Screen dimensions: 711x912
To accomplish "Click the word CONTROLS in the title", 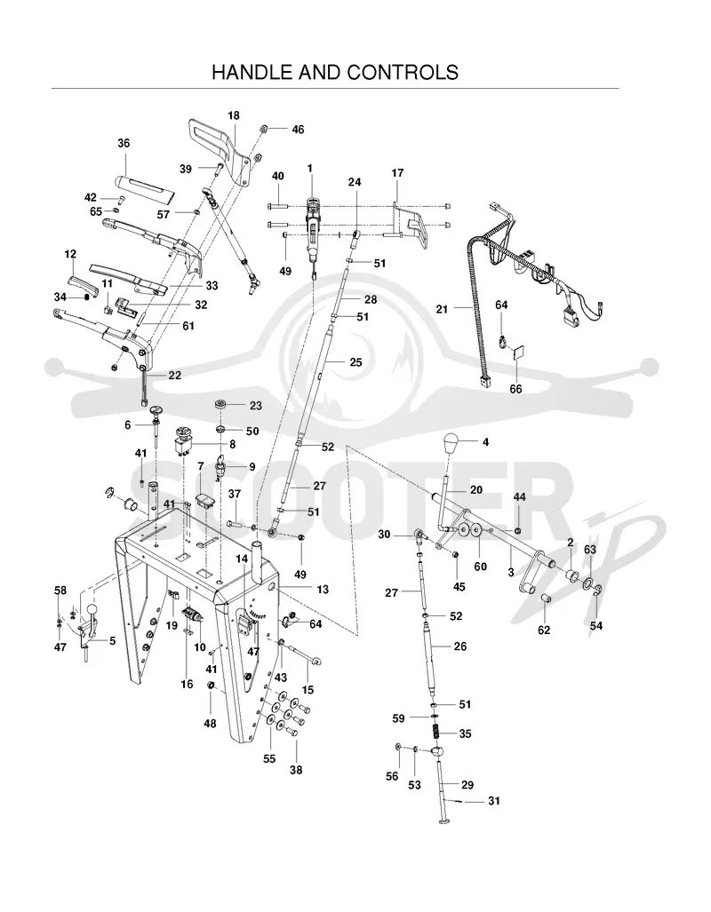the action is tap(403, 72).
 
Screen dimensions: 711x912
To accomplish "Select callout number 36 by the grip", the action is tap(124, 143).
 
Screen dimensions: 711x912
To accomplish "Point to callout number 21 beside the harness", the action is tap(442, 309).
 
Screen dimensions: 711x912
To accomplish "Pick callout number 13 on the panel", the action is tap(322, 589).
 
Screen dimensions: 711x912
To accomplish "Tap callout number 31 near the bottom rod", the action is tap(494, 801).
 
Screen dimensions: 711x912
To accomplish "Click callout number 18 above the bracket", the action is tap(234, 115).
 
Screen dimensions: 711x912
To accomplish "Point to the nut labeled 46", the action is tap(264, 129).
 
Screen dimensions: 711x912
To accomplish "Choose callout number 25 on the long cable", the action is tap(355, 361).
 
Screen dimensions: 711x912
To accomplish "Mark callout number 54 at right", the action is tap(596, 626).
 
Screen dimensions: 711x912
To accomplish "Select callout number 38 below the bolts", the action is tap(296, 770).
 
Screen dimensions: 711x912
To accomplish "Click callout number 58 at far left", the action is tap(60, 591).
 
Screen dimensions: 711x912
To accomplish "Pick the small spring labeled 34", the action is tap(87, 297).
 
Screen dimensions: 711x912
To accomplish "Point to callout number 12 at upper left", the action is tap(70, 254).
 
